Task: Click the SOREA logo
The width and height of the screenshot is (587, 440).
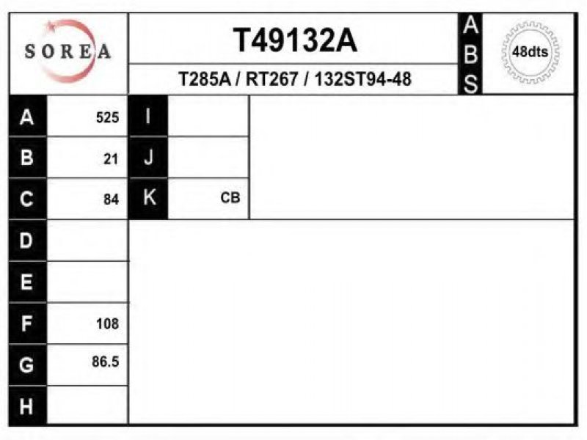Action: click(68, 51)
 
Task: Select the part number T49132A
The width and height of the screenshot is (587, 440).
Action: click(295, 40)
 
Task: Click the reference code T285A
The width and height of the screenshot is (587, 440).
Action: click(205, 79)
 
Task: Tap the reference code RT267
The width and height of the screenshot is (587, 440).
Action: click(271, 79)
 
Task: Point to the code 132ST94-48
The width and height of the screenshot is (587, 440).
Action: click(362, 79)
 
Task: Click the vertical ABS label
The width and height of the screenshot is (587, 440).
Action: click(470, 54)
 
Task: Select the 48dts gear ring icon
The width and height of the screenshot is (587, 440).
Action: click(530, 51)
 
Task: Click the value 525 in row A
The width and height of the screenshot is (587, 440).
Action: click(107, 117)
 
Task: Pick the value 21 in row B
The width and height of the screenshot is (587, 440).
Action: click(111, 159)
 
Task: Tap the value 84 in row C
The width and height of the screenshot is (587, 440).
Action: click(112, 199)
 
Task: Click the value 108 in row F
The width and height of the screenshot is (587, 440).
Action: click(107, 323)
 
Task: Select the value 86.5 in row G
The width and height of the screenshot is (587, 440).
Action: click(105, 362)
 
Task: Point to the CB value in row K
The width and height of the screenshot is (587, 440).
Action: click(230, 197)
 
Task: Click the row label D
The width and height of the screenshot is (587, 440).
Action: click(26, 241)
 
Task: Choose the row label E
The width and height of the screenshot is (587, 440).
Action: click(26, 282)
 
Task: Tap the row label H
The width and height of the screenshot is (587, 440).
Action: click(26, 406)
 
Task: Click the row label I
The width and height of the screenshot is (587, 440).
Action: click(148, 116)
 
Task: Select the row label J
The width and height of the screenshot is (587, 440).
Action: click(148, 157)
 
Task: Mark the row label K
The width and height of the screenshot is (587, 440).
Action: click(150, 197)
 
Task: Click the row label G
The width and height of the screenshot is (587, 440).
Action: click(26, 364)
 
